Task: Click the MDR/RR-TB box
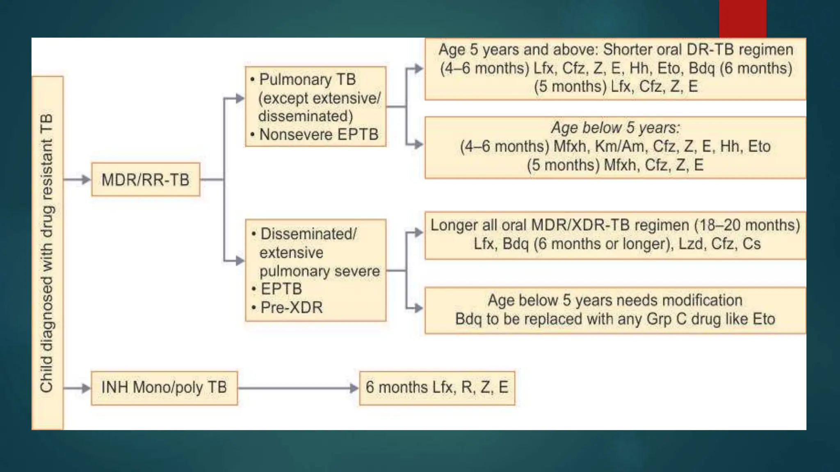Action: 146,179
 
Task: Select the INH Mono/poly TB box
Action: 164,388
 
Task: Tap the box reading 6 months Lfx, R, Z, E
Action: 437,388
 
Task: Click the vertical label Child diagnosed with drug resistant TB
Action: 47,253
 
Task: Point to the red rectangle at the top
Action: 742,18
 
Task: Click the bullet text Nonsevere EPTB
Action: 319,134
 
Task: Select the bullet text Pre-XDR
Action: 292,307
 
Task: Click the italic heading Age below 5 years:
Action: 615,128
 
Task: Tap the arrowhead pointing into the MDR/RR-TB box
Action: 86,179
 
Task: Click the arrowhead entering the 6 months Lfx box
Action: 354,388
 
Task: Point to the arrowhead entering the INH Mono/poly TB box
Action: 86,388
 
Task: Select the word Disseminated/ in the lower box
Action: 308,234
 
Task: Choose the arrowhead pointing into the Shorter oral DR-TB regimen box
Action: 419,68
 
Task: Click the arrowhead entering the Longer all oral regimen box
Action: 419,233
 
